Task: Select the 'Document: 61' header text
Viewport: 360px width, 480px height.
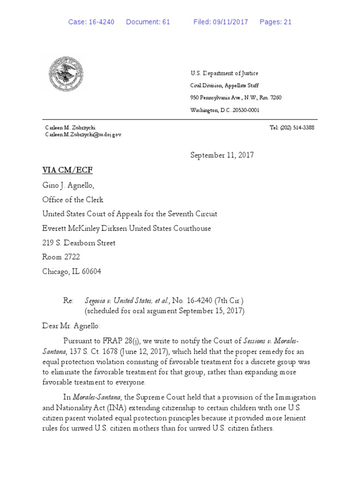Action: [x=148, y=22]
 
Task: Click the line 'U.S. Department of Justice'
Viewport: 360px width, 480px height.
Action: [x=224, y=73]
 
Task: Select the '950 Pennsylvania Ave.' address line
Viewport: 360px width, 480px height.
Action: [x=235, y=97]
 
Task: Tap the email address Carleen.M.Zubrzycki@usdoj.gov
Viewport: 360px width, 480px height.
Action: [x=83, y=135]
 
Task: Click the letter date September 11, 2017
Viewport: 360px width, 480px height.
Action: [x=222, y=155]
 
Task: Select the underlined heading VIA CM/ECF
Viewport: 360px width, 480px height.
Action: [x=64, y=170]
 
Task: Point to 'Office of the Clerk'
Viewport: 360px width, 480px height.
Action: [x=72, y=200]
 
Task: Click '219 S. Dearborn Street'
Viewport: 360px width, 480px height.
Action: [x=79, y=243]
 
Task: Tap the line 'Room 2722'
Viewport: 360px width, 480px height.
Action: [x=61, y=257]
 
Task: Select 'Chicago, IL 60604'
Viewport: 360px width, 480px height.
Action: [x=72, y=271]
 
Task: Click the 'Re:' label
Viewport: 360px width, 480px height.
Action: [x=69, y=300]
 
